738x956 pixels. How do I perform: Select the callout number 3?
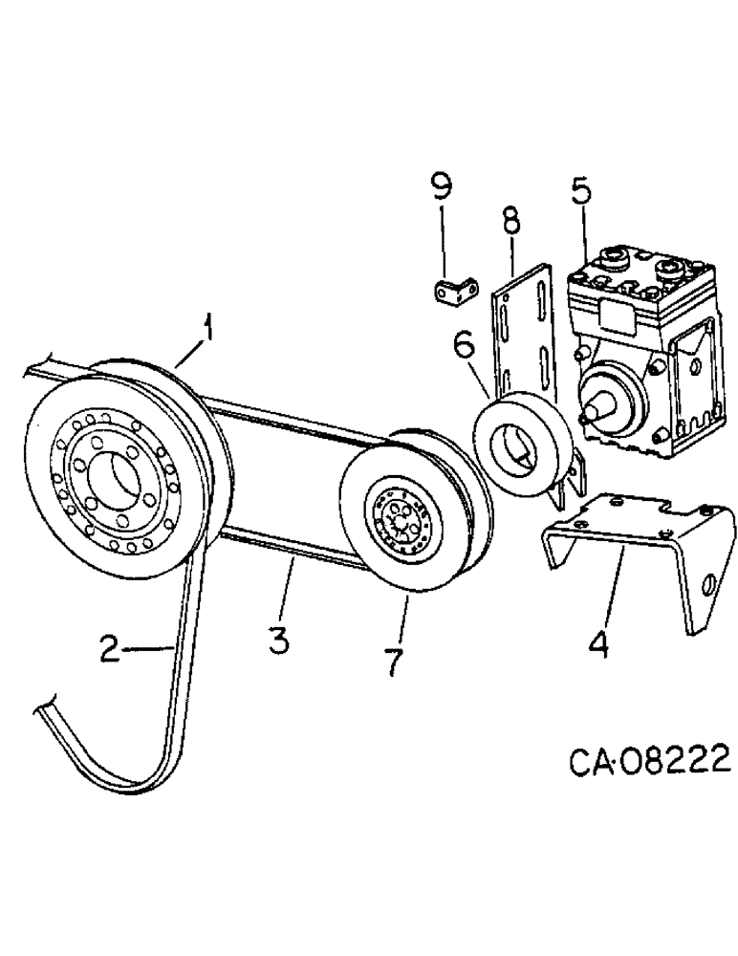pos(278,639)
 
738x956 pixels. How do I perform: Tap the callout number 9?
pos(442,185)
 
